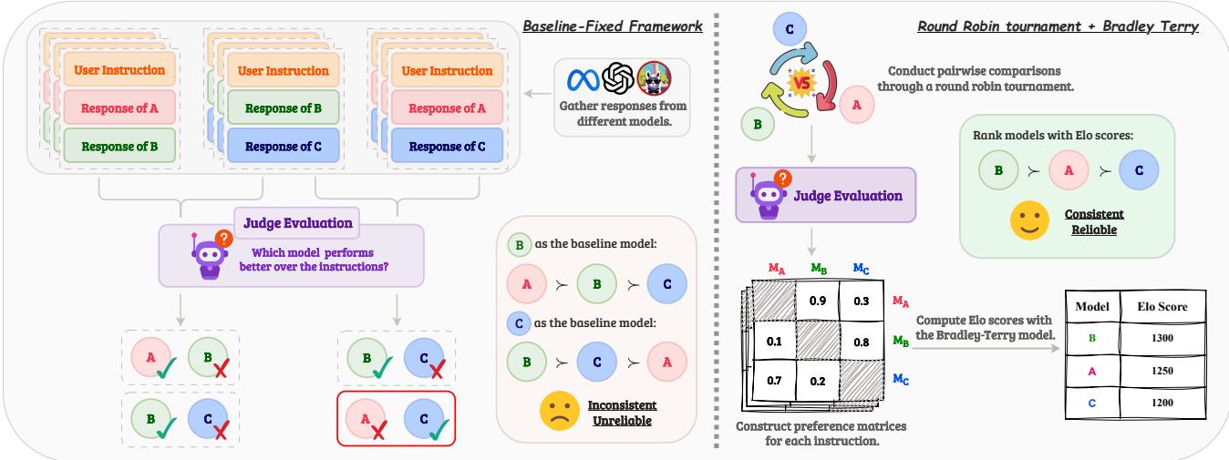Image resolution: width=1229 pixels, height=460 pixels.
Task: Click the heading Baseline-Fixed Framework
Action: pyautogui.click(x=612, y=26)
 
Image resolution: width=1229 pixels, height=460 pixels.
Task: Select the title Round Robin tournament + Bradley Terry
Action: pyautogui.click(x=1058, y=26)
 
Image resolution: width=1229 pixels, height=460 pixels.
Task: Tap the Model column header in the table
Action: pyautogui.click(x=1092, y=306)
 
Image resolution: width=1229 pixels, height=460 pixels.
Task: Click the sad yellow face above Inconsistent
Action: pyautogui.click(x=557, y=409)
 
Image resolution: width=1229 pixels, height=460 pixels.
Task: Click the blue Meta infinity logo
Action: pyautogui.click(x=584, y=80)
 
